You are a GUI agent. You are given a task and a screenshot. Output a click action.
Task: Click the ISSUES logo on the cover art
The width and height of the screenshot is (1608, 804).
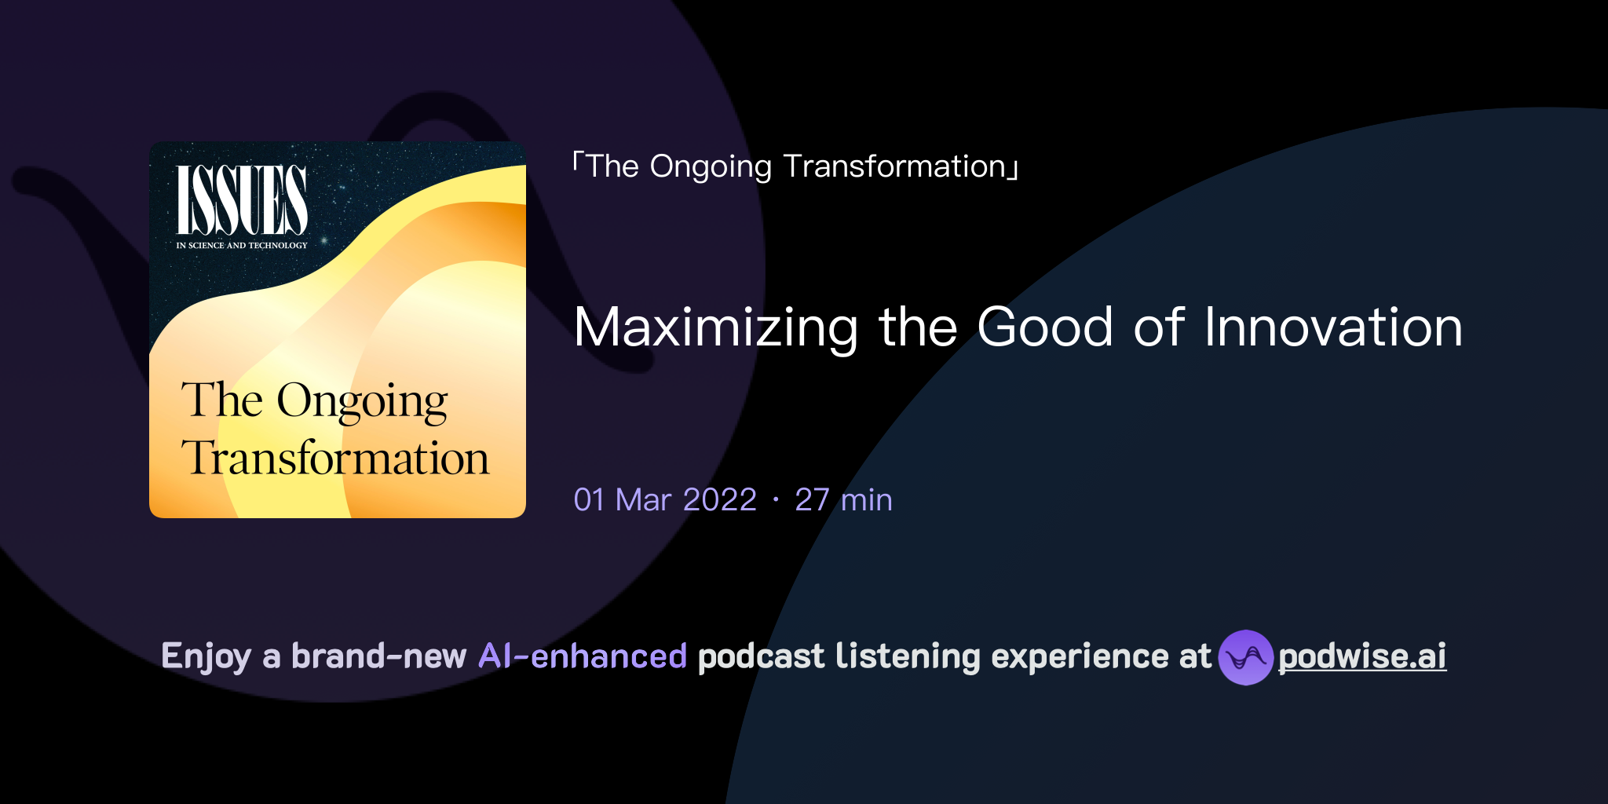[x=241, y=200]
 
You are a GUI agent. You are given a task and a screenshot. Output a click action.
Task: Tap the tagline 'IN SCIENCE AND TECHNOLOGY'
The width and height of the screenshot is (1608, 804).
[x=241, y=246]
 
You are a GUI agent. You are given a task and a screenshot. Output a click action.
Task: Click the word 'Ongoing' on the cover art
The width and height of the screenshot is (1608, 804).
[x=362, y=401]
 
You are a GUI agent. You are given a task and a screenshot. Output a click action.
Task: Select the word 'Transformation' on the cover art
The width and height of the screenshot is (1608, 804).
[x=335, y=459]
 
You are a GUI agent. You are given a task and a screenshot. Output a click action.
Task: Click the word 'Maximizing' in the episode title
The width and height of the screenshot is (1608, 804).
[x=715, y=327]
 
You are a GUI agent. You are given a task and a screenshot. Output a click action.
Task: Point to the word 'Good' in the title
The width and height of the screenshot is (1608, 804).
[x=1045, y=327]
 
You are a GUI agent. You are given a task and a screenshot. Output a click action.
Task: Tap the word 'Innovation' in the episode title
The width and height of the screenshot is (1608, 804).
[x=1333, y=327]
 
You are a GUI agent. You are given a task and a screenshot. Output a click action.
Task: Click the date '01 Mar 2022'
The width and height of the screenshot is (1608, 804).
[x=665, y=500]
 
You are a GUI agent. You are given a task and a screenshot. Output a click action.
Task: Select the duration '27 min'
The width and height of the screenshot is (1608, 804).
[x=843, y=500]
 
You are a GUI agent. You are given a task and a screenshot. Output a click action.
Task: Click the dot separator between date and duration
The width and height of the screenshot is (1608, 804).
[x=776, y=500]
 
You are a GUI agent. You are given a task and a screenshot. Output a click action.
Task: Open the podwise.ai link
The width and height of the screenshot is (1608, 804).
[x=1362, y=656]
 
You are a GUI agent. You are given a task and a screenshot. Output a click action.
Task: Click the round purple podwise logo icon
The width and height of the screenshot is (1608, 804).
[x=1245, y=657]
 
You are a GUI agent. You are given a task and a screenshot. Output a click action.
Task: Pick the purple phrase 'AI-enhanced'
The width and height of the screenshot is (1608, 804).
[x=583, y=656]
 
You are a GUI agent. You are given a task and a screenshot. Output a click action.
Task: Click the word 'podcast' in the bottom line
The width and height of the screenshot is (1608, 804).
[x=761, y=656]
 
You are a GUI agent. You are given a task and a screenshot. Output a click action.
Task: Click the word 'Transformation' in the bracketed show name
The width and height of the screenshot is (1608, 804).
[x=894, y=166]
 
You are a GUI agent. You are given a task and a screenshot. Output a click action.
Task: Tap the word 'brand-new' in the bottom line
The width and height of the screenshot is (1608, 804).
[x=378, y=656]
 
